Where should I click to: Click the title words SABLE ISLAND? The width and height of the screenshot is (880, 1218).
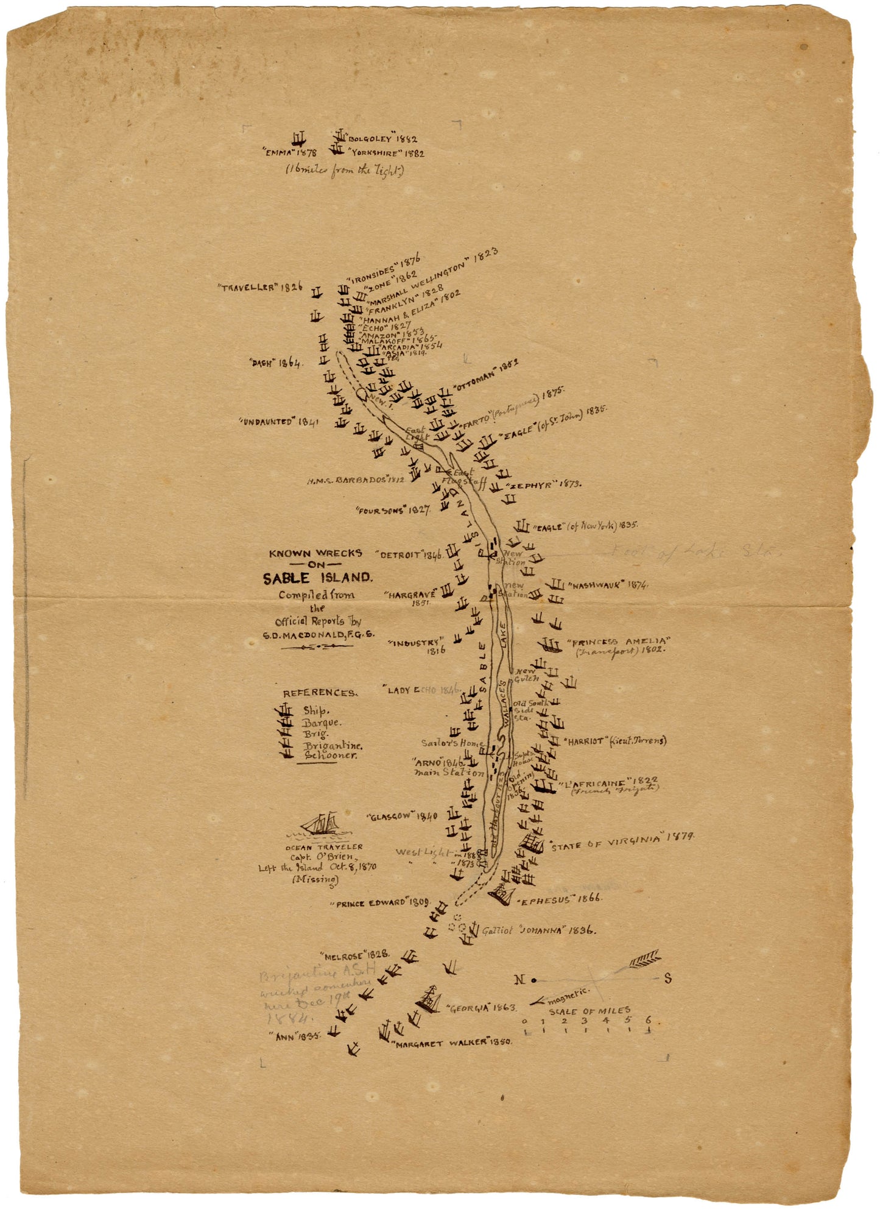coord(317,578)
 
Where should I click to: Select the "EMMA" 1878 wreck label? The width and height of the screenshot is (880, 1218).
coord(290,153)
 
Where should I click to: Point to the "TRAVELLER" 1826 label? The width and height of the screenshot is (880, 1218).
coord(260,286)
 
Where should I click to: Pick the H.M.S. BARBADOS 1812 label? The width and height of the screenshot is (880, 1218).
coord(356,480)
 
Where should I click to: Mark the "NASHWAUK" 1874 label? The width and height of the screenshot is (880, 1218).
coord(607,585)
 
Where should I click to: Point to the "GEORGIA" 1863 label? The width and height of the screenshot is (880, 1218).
coord(482,1008)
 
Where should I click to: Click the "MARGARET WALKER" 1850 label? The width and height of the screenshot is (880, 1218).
coord(452,1043)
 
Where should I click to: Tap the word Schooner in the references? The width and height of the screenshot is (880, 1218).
coord(331,755)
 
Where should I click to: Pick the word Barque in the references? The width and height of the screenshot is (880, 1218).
coord(322,723)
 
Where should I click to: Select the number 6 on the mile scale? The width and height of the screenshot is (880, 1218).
coord(648,1020)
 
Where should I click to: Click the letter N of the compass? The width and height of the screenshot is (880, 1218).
coord(519,980)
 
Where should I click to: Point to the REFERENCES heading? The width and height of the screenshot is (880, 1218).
coord(320,693)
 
